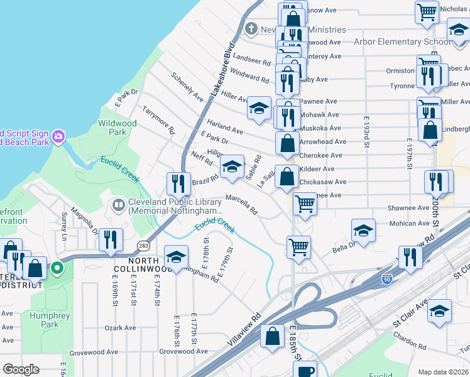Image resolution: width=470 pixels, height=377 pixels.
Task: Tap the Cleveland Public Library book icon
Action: pos(118,205)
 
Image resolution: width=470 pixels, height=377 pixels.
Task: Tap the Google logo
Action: pos(21,369)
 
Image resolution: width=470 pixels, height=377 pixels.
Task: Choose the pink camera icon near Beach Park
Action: pos(58,136)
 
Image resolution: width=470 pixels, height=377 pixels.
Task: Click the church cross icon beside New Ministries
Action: pos(251,29)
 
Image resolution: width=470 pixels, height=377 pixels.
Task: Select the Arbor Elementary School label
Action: pos(403,41)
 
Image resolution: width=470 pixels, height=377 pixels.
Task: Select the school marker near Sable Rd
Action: pos(232,167)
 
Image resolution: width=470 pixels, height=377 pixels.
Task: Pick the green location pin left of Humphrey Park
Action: pos(57,269)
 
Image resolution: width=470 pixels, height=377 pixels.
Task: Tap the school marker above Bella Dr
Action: pos(363,231)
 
